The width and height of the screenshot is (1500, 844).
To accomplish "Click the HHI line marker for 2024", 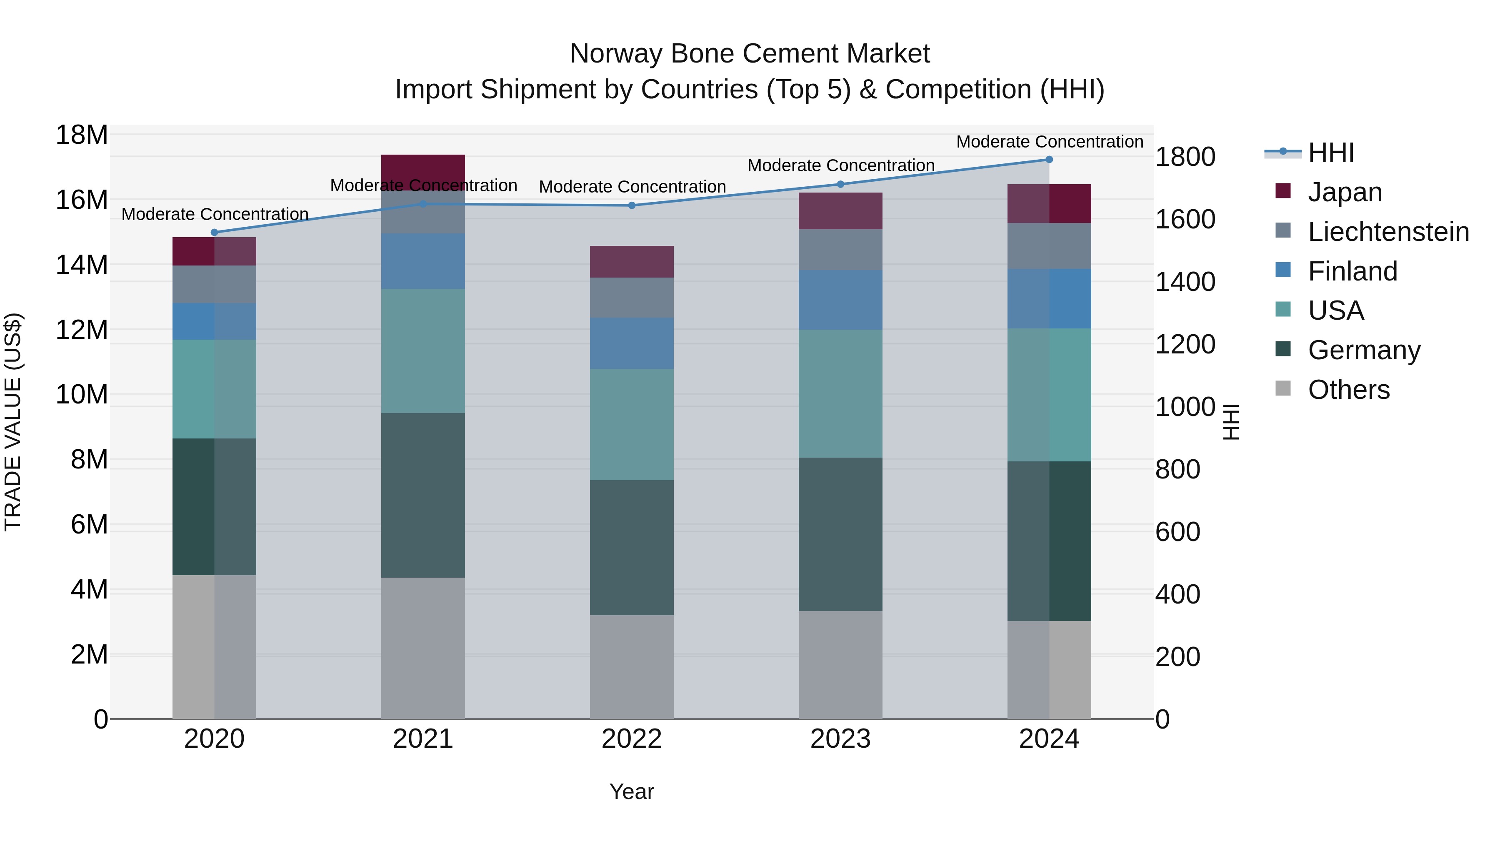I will [1049, 159].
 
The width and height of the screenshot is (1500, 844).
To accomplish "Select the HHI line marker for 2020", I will [214, 233].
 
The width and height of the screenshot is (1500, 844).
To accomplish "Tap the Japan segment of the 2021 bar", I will [423, 172].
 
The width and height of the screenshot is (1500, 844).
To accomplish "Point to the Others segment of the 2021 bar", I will [423, 648].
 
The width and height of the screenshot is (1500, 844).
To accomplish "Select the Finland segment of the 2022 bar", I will [631, 343].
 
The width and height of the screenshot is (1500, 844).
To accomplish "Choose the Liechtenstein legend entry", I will [1388, 232].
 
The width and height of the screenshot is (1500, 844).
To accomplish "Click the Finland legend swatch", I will [1283, 270].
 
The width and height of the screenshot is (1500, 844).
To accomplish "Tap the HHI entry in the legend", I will [1330, 153].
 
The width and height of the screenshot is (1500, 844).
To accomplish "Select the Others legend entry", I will [1349, 390].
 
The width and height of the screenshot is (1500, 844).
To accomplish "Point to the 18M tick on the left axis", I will [82, 135].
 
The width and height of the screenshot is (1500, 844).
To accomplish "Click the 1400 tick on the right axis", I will [1185, 282].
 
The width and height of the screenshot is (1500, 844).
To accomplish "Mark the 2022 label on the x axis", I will [631, 739].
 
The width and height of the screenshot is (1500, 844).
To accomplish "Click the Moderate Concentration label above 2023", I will [840, 165].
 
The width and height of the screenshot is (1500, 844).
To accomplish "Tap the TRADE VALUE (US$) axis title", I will [13, 422].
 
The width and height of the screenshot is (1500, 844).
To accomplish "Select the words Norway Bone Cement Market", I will [750, 54].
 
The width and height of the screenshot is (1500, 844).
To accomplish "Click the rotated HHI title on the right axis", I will [1230, 422].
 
